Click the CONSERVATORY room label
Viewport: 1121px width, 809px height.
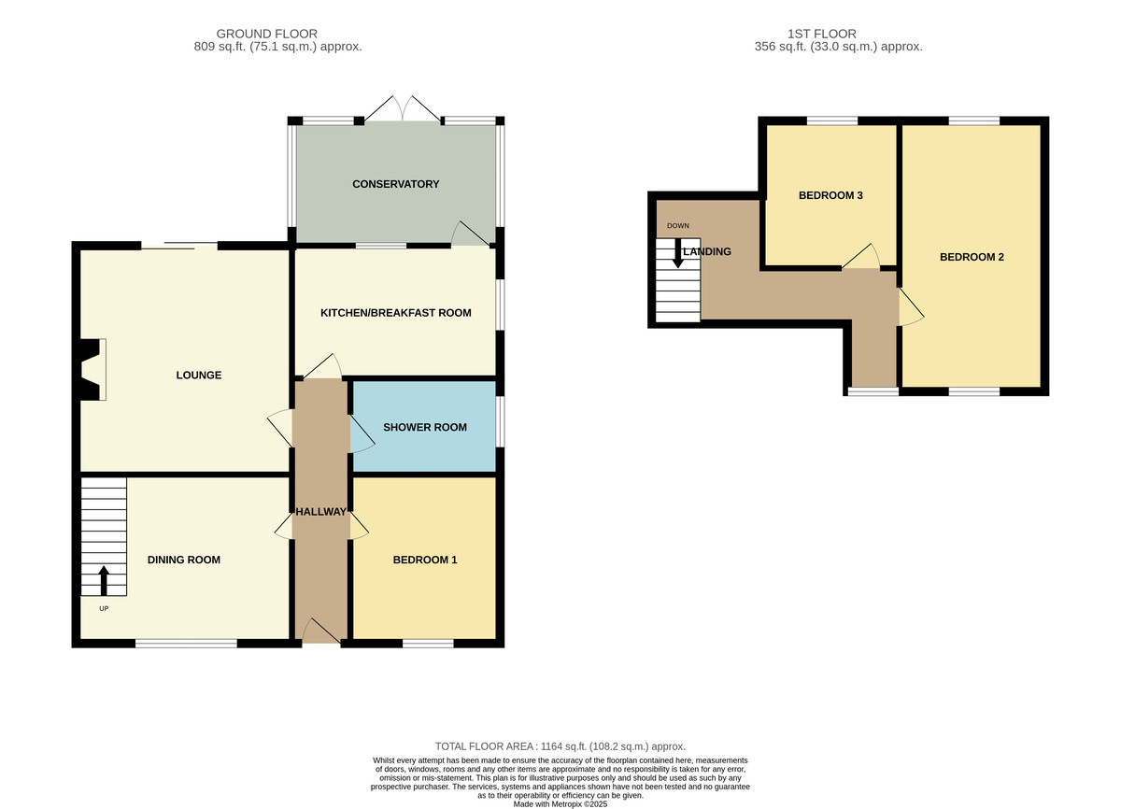[x=395, y=184]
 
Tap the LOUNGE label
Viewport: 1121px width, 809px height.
[x=199, y=376]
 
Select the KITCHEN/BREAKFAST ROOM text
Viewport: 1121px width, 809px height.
[x=395, y=313]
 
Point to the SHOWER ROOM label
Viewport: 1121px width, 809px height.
[x=424, y=428]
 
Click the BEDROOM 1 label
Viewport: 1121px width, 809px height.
[x=424, y=561]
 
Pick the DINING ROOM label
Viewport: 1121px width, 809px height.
[x=184, y=561]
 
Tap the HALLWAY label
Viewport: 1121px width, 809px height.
[x=321, y=512]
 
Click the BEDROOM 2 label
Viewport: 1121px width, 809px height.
[x=972, y=257]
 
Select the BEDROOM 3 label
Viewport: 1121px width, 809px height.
[x=830, y=196]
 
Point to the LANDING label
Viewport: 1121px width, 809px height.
[x=707, y=252]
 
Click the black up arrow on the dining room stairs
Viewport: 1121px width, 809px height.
[x=104, y=580]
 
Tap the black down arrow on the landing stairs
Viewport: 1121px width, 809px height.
[x=677, y=253]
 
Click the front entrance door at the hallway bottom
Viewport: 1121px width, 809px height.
[x=319, y=632]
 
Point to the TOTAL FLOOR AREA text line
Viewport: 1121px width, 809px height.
[x=560, y=746]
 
